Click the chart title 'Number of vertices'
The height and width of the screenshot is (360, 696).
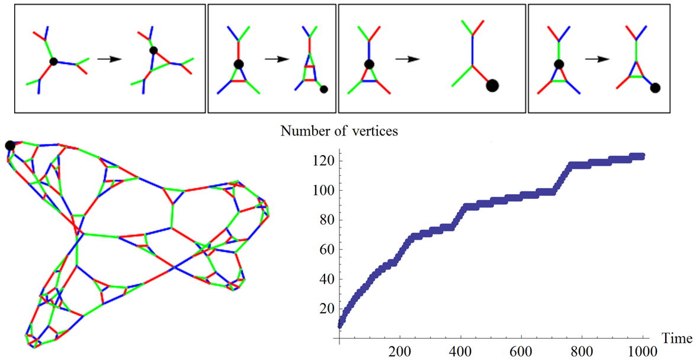[x=339, y=131]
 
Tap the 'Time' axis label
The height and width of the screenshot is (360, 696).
[x=676, y=339]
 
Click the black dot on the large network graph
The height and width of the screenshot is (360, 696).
[x=9, y=146]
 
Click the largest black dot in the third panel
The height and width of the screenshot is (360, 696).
[x=492, y=86]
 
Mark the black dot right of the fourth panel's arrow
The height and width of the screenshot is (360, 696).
[x=655, y=88]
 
